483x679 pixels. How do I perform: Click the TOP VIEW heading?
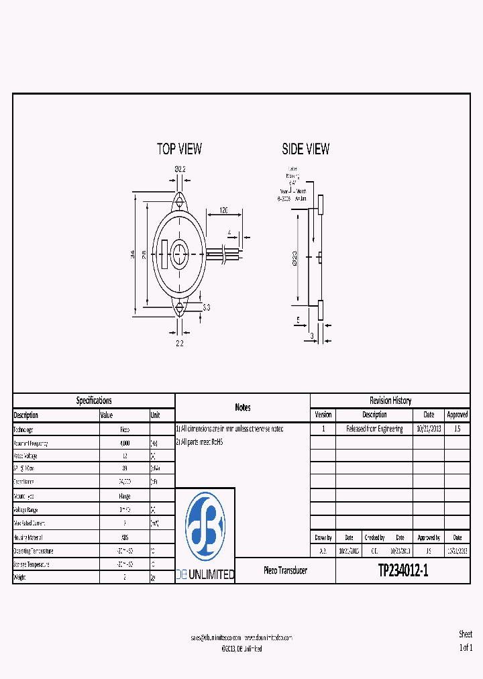pos(179,149)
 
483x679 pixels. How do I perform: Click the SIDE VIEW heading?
pos(305,149)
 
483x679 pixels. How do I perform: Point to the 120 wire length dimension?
pos(223,210)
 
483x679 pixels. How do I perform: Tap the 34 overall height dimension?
pos(133,254)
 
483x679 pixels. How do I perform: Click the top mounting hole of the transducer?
pos(179,200)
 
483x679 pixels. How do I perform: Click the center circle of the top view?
pos(179,254)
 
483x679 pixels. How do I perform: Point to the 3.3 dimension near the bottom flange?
pos(206,307)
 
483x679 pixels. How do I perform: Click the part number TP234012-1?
pos(402,570)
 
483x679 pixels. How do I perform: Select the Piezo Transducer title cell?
pos(285,570)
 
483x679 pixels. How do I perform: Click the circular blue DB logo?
pos(205,525)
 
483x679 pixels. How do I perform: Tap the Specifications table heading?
pos(94,401)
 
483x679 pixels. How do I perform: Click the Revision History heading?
pos(390,401)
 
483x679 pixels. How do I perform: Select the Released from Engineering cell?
pos(374,429)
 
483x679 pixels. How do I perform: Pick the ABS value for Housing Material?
pos(125,537)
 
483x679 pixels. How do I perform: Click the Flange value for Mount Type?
pos(125,496)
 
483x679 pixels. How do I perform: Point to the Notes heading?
pos(243,407)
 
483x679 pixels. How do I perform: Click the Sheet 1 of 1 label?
pos(466,641)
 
